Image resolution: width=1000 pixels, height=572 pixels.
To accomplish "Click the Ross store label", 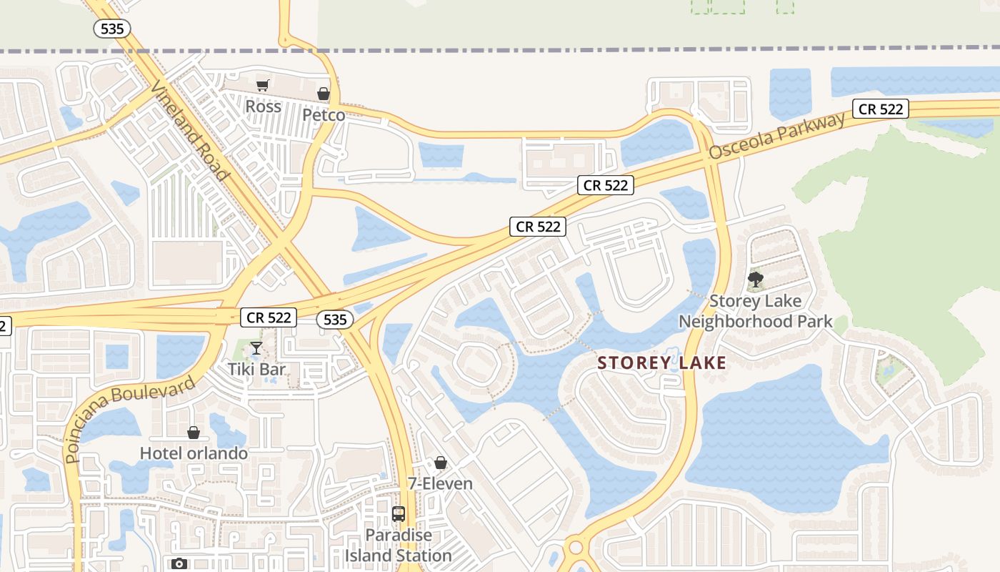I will click(263, 107).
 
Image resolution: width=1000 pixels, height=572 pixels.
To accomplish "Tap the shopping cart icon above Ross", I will click(262, 86).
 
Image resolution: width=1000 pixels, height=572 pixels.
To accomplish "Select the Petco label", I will click(323, 115).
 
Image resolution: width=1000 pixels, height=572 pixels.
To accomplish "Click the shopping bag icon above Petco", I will click(324, 94).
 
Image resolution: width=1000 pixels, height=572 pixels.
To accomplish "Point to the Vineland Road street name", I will click(190, 129).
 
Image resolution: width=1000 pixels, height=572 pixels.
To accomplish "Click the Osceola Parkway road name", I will click(778, 134).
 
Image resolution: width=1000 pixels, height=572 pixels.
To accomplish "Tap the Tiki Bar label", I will click(256, 369).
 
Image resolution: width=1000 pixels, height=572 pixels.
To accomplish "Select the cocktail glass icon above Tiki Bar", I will click(256, 348).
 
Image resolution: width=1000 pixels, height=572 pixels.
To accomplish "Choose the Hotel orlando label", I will click(194, 453).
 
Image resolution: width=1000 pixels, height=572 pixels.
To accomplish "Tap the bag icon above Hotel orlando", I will click(193, 433).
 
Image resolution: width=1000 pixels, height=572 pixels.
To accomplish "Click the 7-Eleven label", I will click(441, 483).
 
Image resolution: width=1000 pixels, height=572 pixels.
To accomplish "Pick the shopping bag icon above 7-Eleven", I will click(441, 463).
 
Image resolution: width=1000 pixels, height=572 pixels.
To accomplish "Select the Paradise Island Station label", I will click(399, 545).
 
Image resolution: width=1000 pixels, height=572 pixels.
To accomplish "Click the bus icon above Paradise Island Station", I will click(399, 514).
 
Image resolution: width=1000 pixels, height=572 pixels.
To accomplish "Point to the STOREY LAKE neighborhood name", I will click(661, 363).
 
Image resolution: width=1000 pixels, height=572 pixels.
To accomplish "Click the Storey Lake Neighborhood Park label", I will click(755, 311).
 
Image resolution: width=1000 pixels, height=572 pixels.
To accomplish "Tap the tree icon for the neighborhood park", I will click(755, 280).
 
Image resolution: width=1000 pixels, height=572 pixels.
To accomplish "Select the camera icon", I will click(179, 564).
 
